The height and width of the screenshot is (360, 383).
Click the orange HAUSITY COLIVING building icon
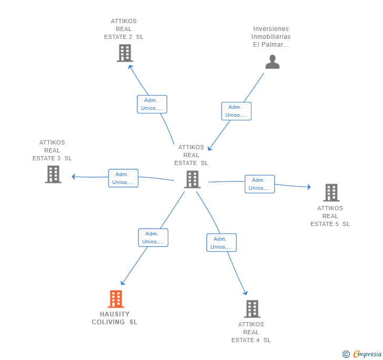pos(116,299)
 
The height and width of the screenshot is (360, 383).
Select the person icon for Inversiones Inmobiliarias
pos(273,61)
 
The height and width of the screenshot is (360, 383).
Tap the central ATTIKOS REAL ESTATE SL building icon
pos(193,179)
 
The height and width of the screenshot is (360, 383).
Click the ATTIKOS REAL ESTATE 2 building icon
pos(125,53)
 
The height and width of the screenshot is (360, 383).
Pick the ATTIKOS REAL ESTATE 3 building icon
pos(53,174)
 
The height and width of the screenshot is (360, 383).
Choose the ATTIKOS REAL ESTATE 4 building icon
pos(253,308)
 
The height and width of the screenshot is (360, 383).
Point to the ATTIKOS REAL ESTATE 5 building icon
pos(331,192)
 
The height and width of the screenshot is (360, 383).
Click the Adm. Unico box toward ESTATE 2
pos(152,104)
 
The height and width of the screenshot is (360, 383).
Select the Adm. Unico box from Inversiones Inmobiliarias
pos(236,111)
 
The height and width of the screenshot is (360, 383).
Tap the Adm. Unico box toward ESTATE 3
pos(123,178)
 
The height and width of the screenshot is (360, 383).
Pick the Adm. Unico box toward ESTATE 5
pos(260,184)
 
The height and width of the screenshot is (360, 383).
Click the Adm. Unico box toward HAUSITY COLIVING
pos(153,238)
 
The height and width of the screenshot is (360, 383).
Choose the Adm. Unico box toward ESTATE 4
pos(221,243)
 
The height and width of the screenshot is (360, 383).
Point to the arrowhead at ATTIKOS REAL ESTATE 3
pos(73,177)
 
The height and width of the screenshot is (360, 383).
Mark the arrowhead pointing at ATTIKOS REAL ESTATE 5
pos(309,187)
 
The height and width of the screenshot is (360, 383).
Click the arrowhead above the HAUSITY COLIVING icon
pos(123,283)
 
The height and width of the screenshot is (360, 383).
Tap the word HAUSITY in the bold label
pos(115,314)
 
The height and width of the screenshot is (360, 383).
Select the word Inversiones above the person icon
pos(271,29)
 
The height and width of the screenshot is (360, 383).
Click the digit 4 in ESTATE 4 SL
pos(258,340)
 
